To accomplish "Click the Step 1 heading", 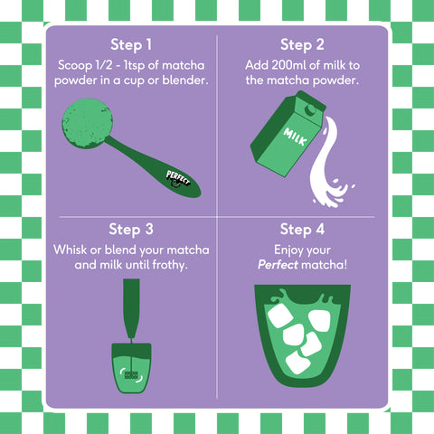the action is click(131, 45).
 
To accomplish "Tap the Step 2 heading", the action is click(302, 45).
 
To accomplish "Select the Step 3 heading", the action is click(131, 230).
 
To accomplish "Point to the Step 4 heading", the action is click(302, 230).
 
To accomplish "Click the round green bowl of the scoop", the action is click(87, 124).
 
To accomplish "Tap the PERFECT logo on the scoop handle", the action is click(178, 178).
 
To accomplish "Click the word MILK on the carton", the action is click(295, 137).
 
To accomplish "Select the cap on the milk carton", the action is click(310, 109).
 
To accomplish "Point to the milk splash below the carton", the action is click(327, 169).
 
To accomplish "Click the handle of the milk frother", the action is click(131, 308).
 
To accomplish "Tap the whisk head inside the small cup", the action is click(131, 375).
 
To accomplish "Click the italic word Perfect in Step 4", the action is click(278, 265).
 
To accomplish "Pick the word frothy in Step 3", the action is click(170, 265).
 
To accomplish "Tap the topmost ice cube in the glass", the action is click(280, 316).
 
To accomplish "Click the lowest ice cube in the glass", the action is click(297, 363).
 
